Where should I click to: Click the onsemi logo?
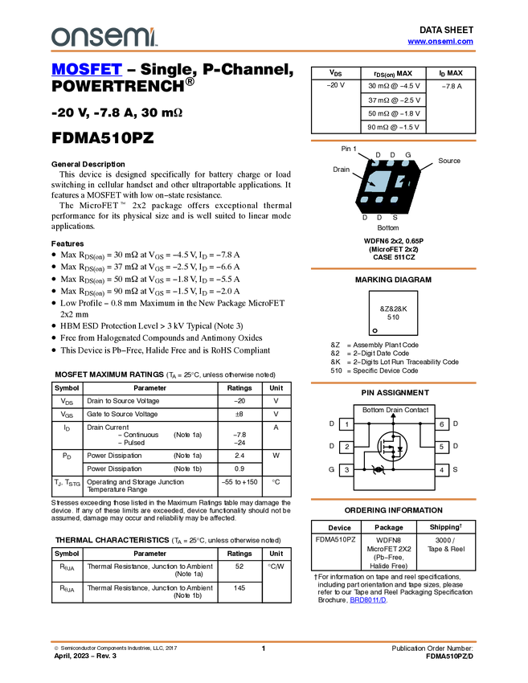[x=103, y=37]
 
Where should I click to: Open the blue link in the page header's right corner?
[x=440, y=42]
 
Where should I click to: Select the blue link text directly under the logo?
[x=87, y=70]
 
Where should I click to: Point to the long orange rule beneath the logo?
[x=264, y=51]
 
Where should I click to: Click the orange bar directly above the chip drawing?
[x=393, y=141]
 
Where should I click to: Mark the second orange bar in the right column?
[x=393, y=268]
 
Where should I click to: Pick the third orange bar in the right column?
[x=393, y=382]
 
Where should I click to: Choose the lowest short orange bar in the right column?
[x=393, y=500]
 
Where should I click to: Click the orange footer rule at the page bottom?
[x=264, y=642]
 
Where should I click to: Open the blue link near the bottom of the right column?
[x=368, y=600]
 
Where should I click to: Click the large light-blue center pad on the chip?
[x=379, y=181]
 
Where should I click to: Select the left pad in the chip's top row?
[x=375, y=163]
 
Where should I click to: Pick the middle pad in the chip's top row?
[x=390, y=163]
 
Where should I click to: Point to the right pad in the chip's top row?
[x=406, y=163]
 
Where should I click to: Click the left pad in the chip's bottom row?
[x=364, y=199]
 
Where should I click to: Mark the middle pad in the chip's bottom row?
[x=379, y=199]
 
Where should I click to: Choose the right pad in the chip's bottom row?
[x=394, y=199]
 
